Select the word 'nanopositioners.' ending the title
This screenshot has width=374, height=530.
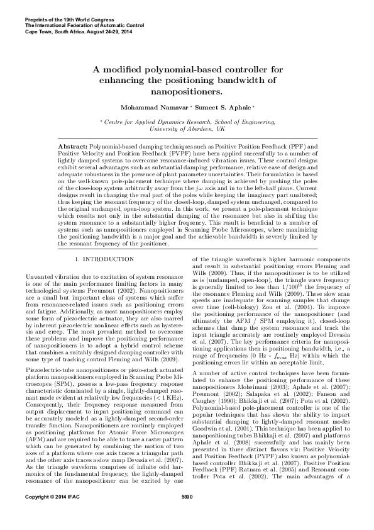[187, 91]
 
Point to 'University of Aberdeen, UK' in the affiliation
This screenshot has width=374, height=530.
[187, 128]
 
